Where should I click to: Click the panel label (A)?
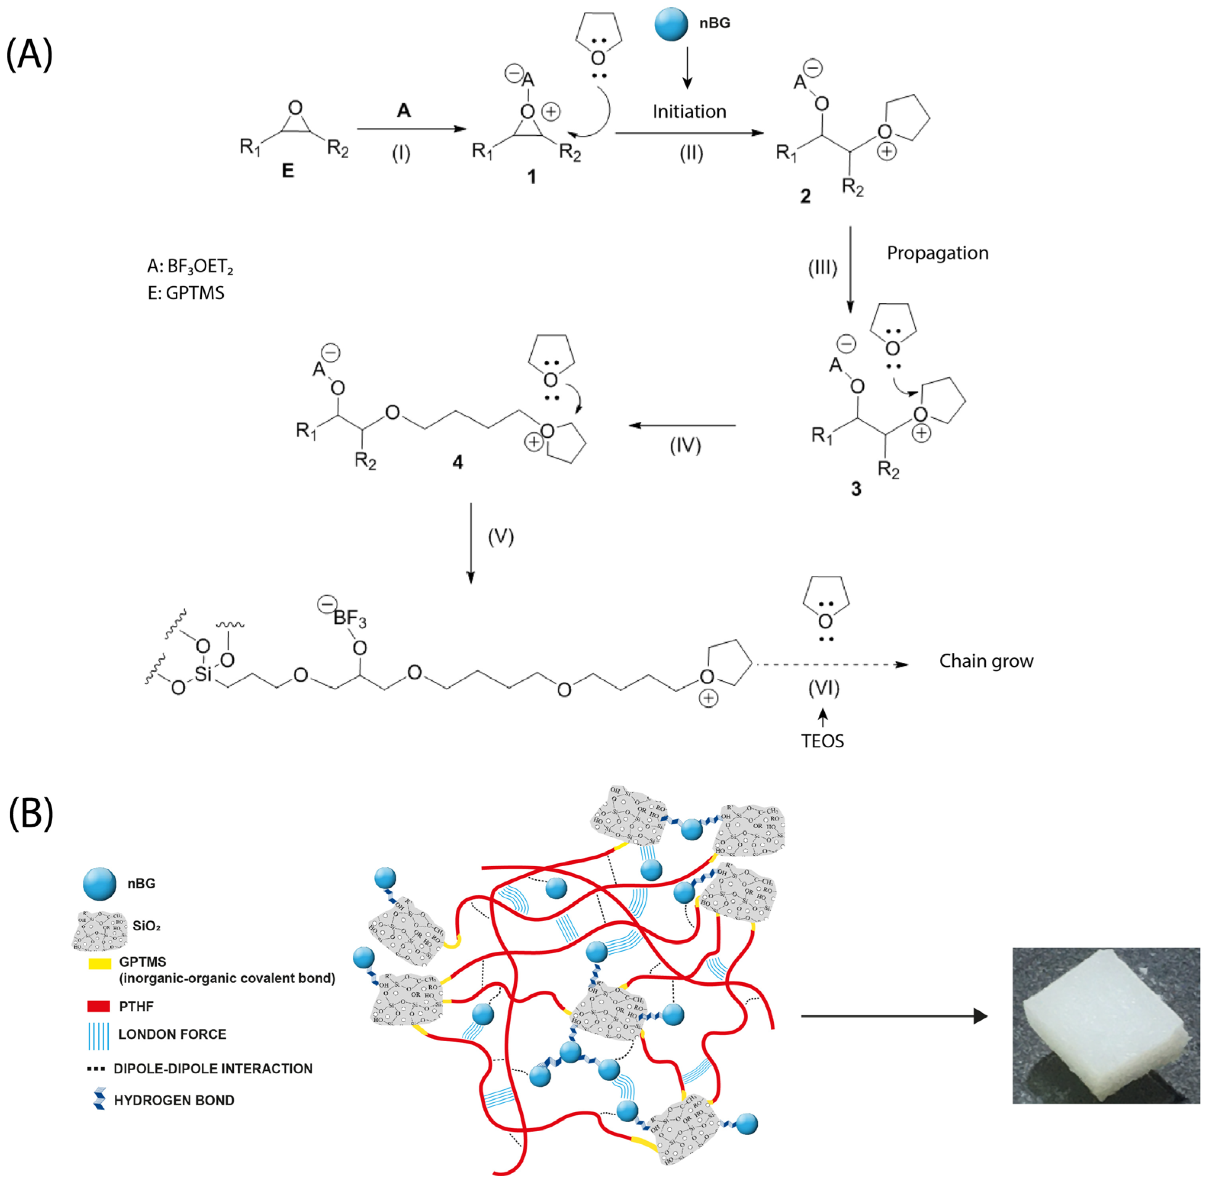29,54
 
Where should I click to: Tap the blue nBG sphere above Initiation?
671,24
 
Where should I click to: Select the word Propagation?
937,253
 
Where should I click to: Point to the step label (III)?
822,268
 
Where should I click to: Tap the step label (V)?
500,536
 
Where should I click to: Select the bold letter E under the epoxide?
288,171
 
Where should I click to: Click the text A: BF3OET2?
190,267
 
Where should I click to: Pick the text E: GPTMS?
186,293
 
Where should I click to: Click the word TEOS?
822,741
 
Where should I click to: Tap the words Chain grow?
986,661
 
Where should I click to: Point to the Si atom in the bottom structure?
203,674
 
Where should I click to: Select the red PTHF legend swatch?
99,1006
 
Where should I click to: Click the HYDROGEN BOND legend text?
174,1100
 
